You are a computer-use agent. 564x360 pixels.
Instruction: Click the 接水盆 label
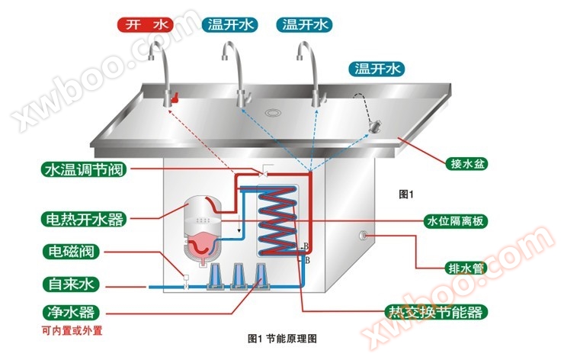(x=465, y=162)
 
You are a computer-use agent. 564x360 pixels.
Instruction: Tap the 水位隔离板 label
(x=456, y=221)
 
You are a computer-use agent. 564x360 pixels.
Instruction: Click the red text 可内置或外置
(x=72, y=331)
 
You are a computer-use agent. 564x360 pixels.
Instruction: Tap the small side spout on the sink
(x=373, y=124)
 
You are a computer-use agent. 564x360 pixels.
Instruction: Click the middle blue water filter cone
(x=239, y=277)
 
